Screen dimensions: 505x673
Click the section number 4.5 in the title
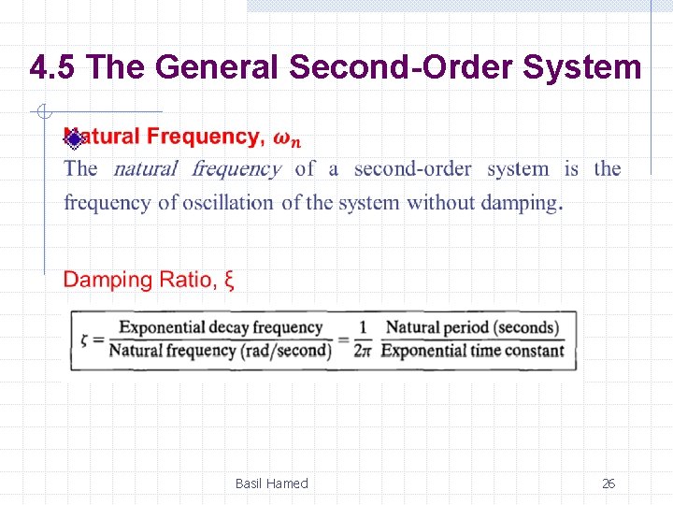[x=57, y=68]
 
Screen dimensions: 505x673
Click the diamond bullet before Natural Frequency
[x=73, y=138]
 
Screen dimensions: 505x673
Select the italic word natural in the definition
[x=145, y=169]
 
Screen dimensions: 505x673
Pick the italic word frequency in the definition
[x=236, y=169]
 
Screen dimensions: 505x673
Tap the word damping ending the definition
[x=519, y=202]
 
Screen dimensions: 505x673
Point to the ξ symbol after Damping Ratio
[x=230, y=280]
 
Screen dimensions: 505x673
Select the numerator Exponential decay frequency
[x=220, y=327]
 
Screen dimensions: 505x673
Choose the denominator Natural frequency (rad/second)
[x=220, y=351]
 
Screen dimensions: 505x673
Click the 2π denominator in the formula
[x=364, y=351]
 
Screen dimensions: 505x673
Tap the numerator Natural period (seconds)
[x=472, y=327]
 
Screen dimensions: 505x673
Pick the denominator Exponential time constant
[x=472, y=351]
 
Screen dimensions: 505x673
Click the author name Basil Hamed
[x=271, y=483]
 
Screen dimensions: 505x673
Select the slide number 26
[x=609, y=483]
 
